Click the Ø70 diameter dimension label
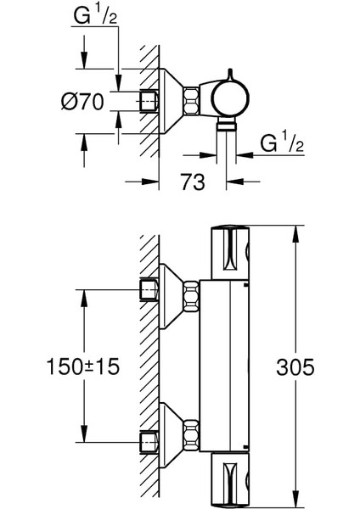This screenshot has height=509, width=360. click(x=82, y=101)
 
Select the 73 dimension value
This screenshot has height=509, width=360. click(x=193, y=182)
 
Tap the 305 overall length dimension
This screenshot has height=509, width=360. click(x=295, y=367)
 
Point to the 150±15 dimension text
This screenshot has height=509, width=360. click(x=83, y=366)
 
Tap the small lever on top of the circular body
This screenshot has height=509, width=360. click(x=230, y=74)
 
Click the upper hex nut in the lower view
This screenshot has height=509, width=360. click(x=191, y=297)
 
